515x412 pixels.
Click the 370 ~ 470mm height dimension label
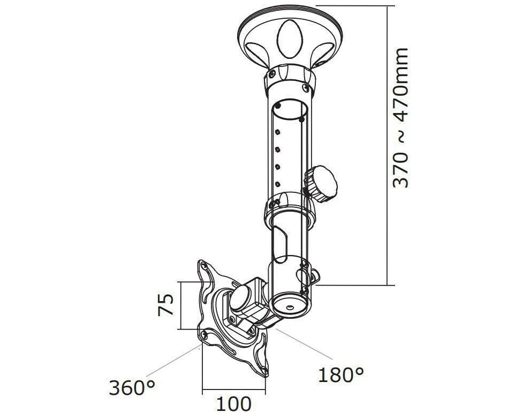[400, 118]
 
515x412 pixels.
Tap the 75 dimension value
[165, 305]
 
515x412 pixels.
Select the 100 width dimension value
[233, 403]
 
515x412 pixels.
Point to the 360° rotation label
[132, 387]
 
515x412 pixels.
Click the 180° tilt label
[341, 374]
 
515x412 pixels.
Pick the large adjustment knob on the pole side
[321, 184]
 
